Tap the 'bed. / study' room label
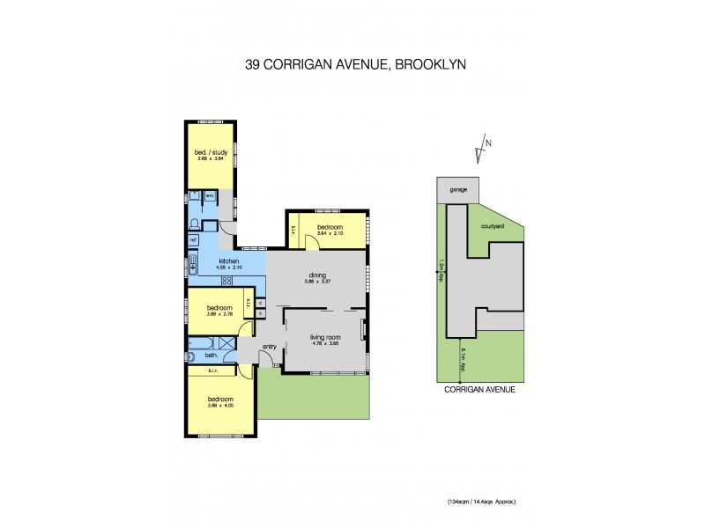pyautogui.click(x=211, y=152)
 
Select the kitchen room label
pyautogui.click(x=230, y=262)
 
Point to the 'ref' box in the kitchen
pyautogui.click(x=193, y=238)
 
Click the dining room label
pyautogui.click(x=316, y=275)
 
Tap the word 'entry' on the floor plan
pyautogui.click(x=269, y=346)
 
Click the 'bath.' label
pyautogui.click(x=211, y=356)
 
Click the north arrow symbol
pyautogui.click(x=482, y=150)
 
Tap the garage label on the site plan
pyautogui.click(x=458, y=189)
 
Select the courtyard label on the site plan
pyautogui.click(x=493, y=226)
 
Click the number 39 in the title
pyautogui.click(x=253, y=64)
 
